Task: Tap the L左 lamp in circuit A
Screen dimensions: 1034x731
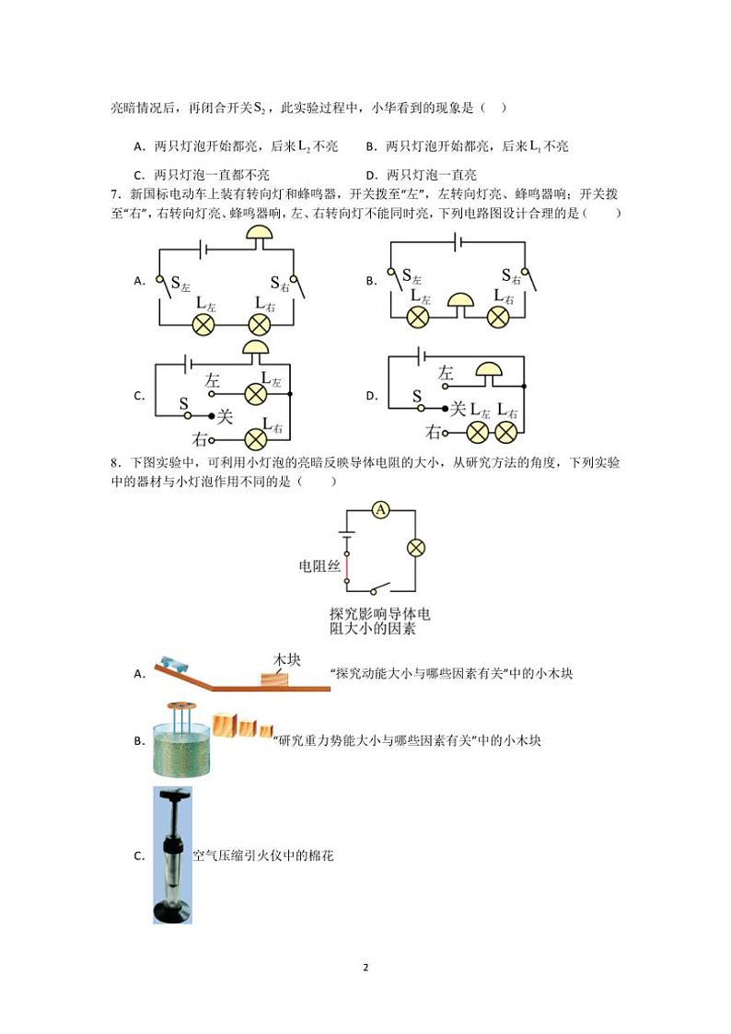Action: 203,324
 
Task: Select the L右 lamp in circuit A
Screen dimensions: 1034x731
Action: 261,324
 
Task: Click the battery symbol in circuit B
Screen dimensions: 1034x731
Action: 457,242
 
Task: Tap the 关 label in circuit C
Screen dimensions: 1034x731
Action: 226,416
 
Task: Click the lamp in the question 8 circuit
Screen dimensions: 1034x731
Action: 416,548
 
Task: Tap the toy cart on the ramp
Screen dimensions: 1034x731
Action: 172,664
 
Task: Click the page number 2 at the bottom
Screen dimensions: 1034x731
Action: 365,968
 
